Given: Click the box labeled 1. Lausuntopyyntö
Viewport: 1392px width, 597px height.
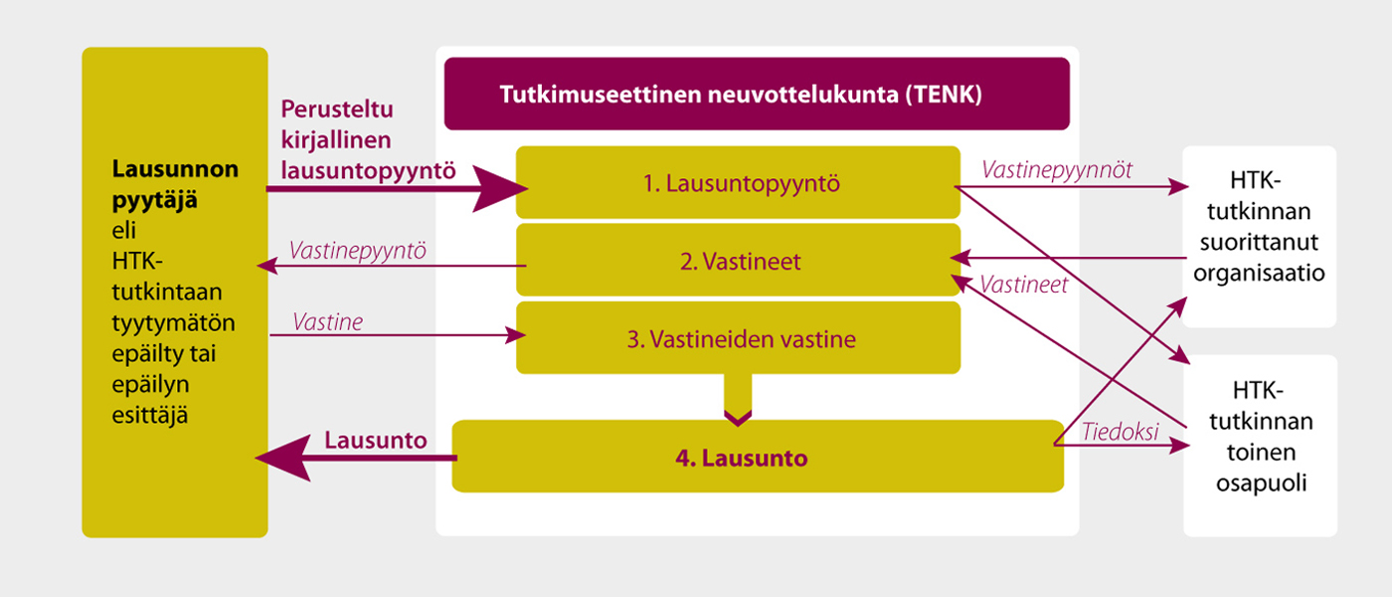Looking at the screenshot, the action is (738, 182).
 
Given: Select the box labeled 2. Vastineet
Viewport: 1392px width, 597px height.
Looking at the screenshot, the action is (738, 260).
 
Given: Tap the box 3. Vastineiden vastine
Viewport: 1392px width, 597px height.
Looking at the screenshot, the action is (738, 337).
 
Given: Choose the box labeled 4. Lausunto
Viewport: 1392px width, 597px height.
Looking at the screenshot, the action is (758, 457).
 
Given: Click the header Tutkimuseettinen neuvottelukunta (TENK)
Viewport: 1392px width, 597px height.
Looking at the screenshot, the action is (757, 94).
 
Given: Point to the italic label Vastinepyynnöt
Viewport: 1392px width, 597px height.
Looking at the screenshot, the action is (1056, 170).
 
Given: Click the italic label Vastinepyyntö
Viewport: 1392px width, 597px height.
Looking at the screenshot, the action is (357, 251).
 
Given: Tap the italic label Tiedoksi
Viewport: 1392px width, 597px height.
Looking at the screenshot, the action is (1120, 432).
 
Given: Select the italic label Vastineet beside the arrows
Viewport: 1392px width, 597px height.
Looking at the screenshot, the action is (1023, 285).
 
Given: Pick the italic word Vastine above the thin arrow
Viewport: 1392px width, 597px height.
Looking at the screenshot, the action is (327, 322).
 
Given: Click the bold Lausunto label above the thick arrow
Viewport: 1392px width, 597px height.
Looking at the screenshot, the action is (376, 440).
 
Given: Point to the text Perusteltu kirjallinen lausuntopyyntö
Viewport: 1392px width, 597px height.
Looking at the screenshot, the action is (368, 140).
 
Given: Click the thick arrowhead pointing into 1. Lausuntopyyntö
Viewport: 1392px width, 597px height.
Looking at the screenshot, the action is (499, 188).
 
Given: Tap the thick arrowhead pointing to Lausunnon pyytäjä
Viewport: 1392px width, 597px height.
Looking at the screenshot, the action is (283, 459).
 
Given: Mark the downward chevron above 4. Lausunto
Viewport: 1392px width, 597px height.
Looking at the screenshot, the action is (738, 418).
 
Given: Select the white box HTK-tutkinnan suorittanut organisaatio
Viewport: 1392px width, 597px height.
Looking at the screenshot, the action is (1259, 237).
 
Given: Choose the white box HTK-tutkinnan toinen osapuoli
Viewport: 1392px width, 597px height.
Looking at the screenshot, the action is (1261, 446).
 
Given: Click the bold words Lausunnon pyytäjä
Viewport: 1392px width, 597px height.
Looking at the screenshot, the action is (175, 184).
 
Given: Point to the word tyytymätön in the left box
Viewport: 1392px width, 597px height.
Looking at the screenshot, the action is (173, 323).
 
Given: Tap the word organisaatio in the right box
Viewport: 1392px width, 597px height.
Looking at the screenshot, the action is (1259, 273).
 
